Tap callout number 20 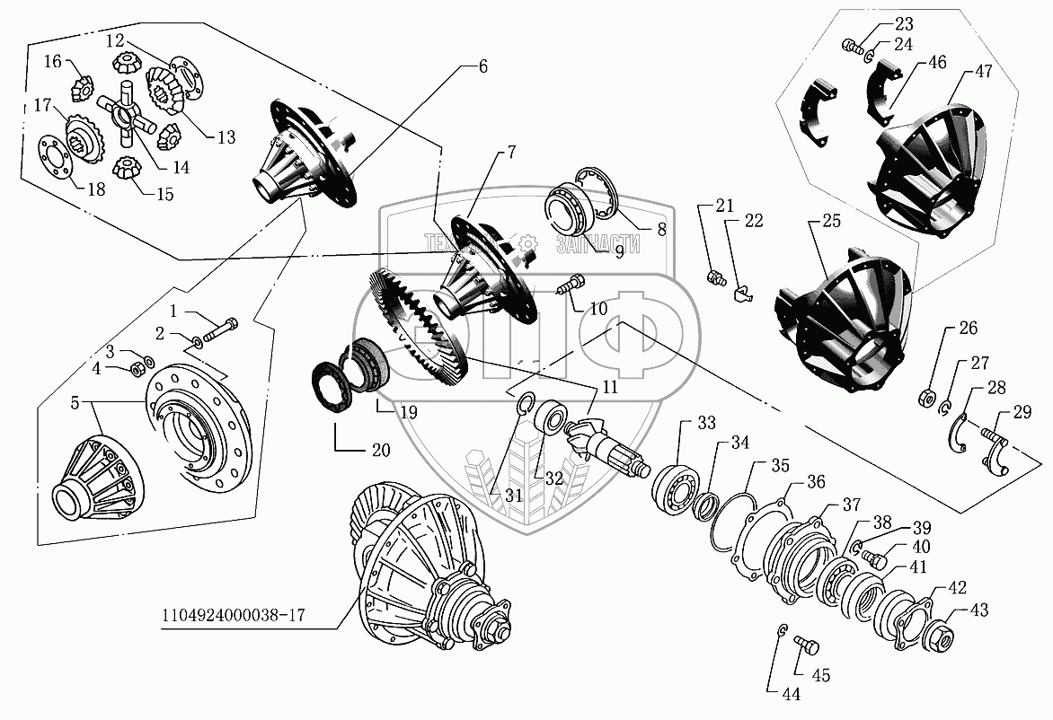click(x=381, y=450)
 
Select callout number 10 click(x=599, y=309)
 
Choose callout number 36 click(x=815, y=481)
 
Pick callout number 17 click(x=42, y=106)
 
